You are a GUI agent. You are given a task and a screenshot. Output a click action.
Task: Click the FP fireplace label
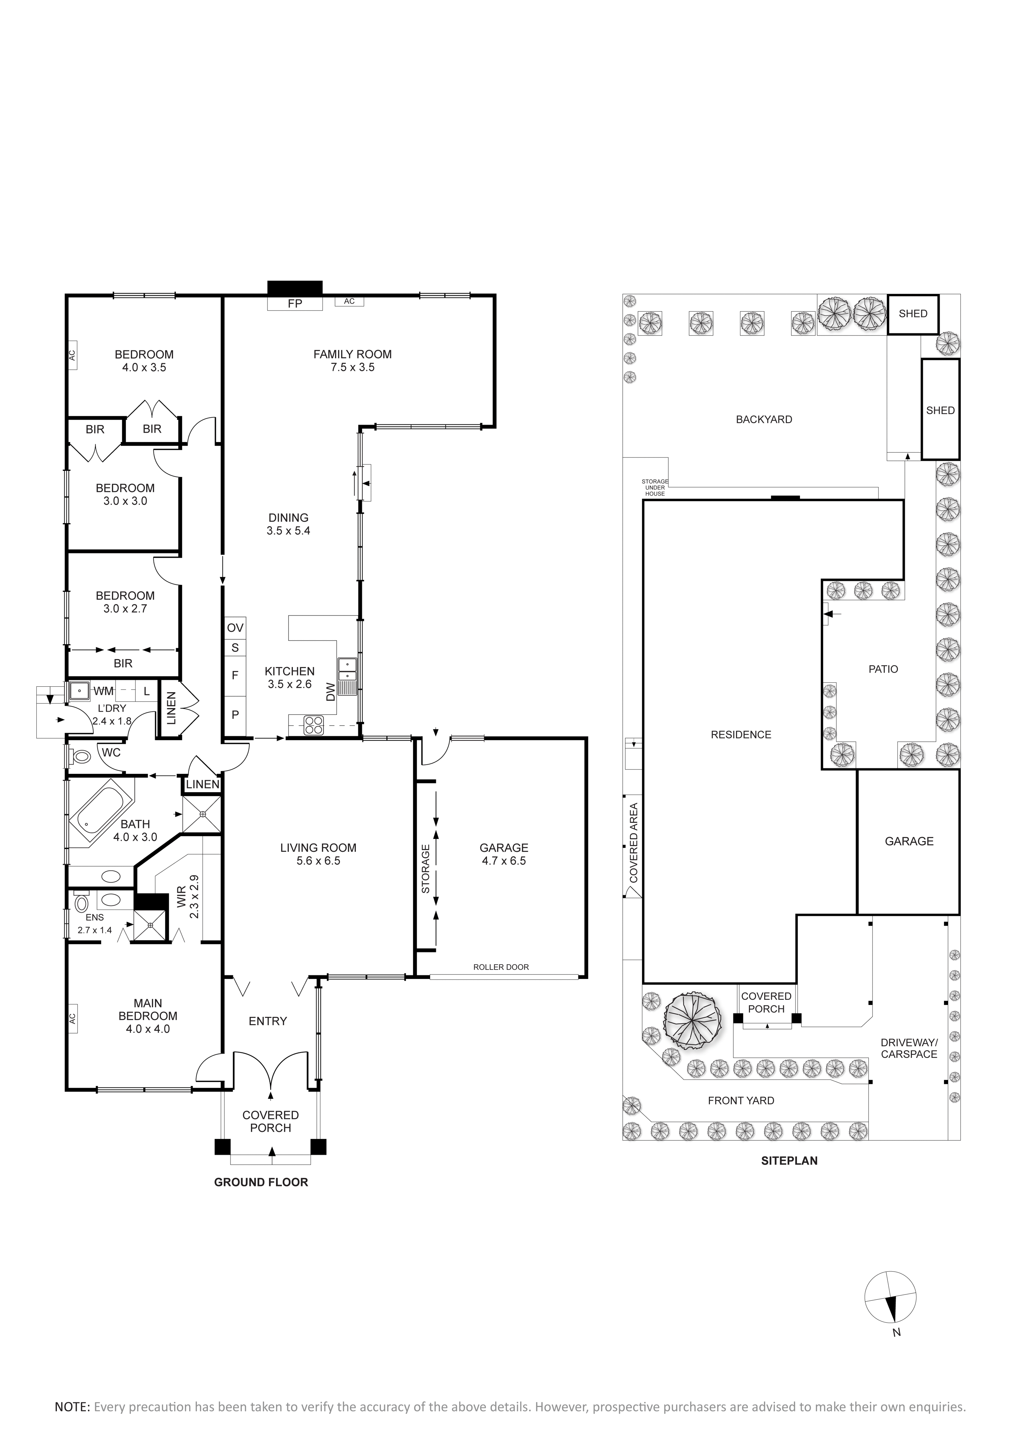[295, 304]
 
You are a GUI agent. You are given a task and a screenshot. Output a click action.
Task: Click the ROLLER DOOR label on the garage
[501, 967]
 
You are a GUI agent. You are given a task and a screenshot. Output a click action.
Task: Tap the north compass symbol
[890, 1296]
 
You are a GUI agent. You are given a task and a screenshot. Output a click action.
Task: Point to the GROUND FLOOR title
[261, 1182]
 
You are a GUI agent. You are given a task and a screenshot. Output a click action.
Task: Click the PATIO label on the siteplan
[883, 669]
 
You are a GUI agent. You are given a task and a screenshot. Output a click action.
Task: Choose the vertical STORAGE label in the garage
[426, 869]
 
